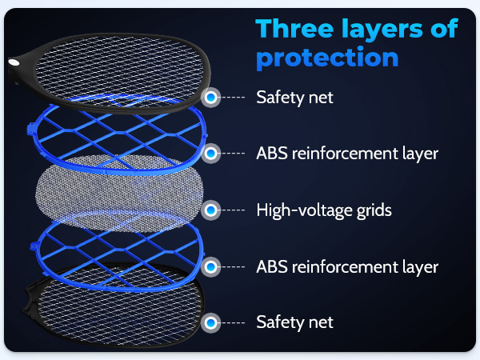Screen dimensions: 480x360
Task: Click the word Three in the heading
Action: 294,29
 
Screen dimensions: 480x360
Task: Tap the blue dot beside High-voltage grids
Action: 210,210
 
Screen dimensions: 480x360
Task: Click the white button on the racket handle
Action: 14,63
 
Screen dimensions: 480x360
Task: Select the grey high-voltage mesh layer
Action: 118,193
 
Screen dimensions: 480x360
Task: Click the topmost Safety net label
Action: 294,98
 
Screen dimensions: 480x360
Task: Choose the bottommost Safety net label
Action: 294,322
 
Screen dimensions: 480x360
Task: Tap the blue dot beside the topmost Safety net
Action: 210,98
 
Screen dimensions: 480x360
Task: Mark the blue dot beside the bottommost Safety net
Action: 210,322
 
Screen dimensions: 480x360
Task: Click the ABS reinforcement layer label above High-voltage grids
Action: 347,154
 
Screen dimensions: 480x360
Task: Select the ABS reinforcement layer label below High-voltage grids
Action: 347,267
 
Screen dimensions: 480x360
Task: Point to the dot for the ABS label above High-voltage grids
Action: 210,154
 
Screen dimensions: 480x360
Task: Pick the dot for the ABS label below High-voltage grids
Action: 210,266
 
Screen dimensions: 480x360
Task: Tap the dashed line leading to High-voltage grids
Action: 233,210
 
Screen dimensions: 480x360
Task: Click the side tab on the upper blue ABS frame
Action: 31,127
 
